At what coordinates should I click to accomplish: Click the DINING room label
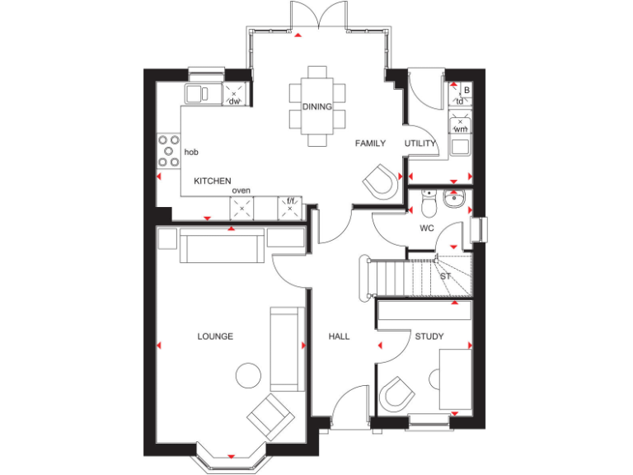tap(316, 107)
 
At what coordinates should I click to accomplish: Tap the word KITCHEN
tap(212, 181)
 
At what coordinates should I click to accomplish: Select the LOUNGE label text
tap(215, 336)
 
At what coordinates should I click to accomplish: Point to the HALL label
tap(339, 336)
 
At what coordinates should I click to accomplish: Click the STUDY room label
tap(429, 336)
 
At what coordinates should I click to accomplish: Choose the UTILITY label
tap(420, 143)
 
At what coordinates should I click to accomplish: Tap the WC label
tap(426, 228)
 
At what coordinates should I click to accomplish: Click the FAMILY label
tap(370, 143)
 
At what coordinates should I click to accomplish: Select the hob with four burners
tap(168, 152)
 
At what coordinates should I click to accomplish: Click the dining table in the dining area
tap(317, 106)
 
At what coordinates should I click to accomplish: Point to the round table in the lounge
tap(248, 376)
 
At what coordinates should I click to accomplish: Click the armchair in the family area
tap(380, 181)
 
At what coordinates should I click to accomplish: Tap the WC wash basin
tap(452, 200)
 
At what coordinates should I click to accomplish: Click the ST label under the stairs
tap(445, 276)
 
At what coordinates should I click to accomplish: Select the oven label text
tap(241, 190)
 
